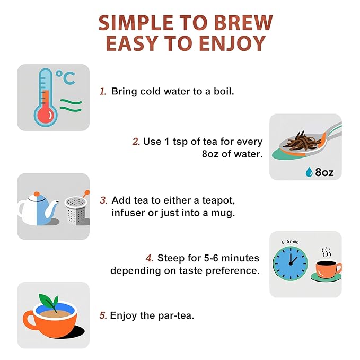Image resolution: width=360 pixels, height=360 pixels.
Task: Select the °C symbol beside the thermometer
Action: [66, 77]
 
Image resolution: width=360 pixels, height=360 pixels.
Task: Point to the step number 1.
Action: [103, 91]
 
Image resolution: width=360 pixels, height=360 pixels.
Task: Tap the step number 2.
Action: [136, 142]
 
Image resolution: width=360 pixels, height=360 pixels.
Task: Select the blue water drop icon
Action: [309, 172]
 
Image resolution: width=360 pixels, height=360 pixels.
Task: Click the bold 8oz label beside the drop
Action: [324, 172]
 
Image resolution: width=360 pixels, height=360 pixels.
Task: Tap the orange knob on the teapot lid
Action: [37, 194]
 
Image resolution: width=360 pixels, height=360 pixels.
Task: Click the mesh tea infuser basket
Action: [76, 210]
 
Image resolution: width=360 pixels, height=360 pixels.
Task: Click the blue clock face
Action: [291, 264]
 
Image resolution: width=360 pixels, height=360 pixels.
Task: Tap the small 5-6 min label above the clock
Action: [290, 242]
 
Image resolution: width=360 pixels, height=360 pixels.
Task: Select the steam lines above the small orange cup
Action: [326, 252]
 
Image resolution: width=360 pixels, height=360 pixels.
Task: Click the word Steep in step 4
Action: [171, 258]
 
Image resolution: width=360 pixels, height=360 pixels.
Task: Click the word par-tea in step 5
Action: [176, 315]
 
